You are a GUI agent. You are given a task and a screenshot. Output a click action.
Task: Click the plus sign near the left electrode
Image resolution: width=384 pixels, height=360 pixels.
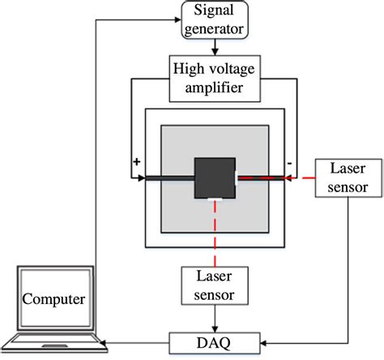point(135,162)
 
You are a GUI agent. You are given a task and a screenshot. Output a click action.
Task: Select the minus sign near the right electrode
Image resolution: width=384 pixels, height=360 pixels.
point(288,164)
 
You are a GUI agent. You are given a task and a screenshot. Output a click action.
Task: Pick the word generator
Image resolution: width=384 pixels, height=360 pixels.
point(215,28)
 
